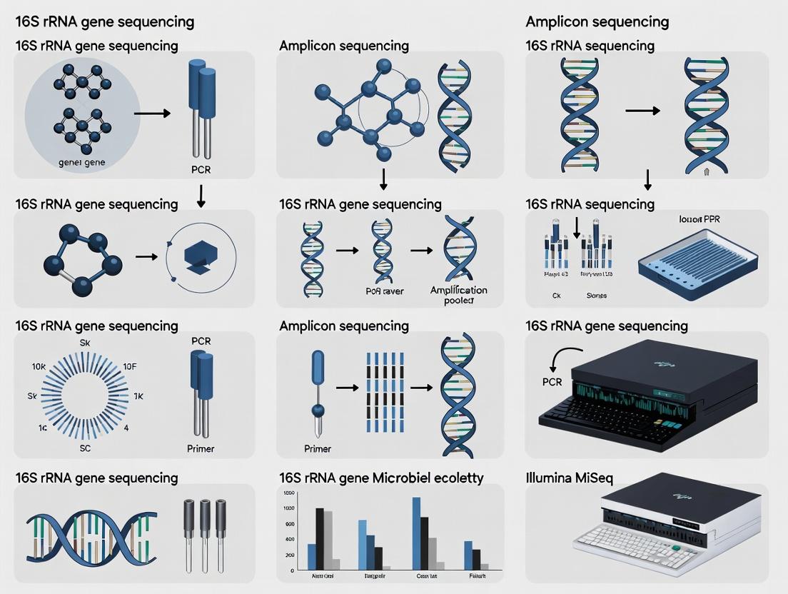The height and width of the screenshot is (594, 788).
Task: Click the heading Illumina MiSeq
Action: point(569,478)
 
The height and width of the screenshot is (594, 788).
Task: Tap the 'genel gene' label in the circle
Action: point(81,163)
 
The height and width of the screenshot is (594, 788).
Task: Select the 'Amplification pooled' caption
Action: point(458,295)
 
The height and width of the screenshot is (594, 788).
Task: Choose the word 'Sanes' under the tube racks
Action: point(597,294)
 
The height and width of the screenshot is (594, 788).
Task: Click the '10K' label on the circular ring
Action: point(39,366)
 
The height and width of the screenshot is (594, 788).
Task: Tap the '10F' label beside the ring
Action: point(129,366)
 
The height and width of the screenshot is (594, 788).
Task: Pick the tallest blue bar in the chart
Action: point(416,533)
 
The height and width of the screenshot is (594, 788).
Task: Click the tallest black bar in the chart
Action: point(320,538)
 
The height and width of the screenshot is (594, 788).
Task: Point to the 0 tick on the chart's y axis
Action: point(291,570)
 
